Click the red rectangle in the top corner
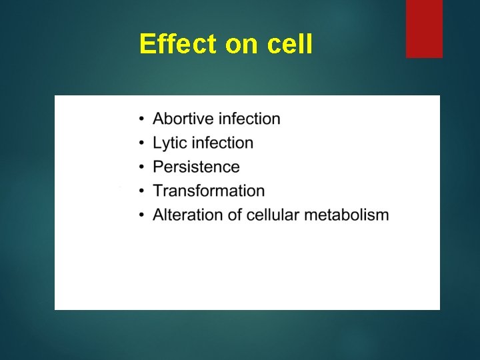(424, 29)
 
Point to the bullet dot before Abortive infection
(142, 120)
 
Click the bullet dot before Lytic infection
(142, 144)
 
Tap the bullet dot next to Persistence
(142, 168)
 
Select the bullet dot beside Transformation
(142, 192)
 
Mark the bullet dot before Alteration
(142, 216)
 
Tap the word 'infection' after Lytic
(223, 143)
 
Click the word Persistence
(196, 167)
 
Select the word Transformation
(209, 191)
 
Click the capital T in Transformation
(158, 191)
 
